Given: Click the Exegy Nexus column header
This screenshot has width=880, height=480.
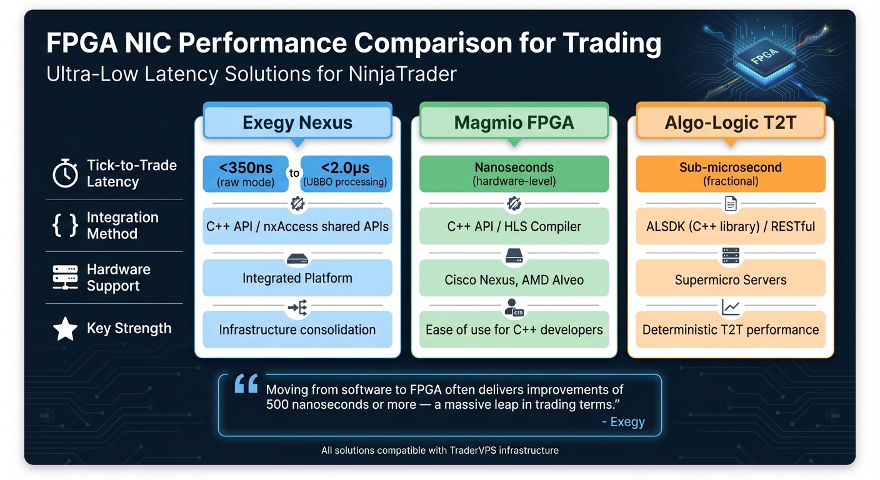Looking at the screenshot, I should pos(297,122).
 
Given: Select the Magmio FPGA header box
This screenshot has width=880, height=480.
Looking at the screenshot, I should pos(514,122).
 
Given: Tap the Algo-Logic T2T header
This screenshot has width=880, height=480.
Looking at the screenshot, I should pos(730,122).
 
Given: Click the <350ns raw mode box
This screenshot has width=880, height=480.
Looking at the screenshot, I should pos(246,174).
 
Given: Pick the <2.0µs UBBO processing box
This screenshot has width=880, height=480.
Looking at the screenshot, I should pos(346,174).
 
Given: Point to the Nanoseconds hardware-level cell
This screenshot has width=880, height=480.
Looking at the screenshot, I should pos(514,174).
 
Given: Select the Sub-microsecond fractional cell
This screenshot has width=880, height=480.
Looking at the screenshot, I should pos(730,174).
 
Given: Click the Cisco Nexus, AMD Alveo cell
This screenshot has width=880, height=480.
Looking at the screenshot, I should pos(514,279).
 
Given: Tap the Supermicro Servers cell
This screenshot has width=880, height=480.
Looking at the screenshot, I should pos(730,279).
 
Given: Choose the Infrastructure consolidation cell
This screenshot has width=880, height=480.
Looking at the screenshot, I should pos(297,329).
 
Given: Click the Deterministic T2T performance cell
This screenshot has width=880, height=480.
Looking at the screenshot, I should pos(730,329).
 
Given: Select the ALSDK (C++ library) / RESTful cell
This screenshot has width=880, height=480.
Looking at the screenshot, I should pos(730,226).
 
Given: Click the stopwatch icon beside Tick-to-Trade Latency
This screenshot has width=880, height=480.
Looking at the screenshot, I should pos(65,174).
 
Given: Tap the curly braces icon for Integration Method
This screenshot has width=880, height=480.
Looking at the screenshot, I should pos(65,226).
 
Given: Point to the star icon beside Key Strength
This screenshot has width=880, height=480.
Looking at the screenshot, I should pos(65,329).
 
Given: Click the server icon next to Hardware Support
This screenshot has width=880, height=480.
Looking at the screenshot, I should pos(65,277).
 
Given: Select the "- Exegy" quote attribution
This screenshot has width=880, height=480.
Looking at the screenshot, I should pos(622,422).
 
